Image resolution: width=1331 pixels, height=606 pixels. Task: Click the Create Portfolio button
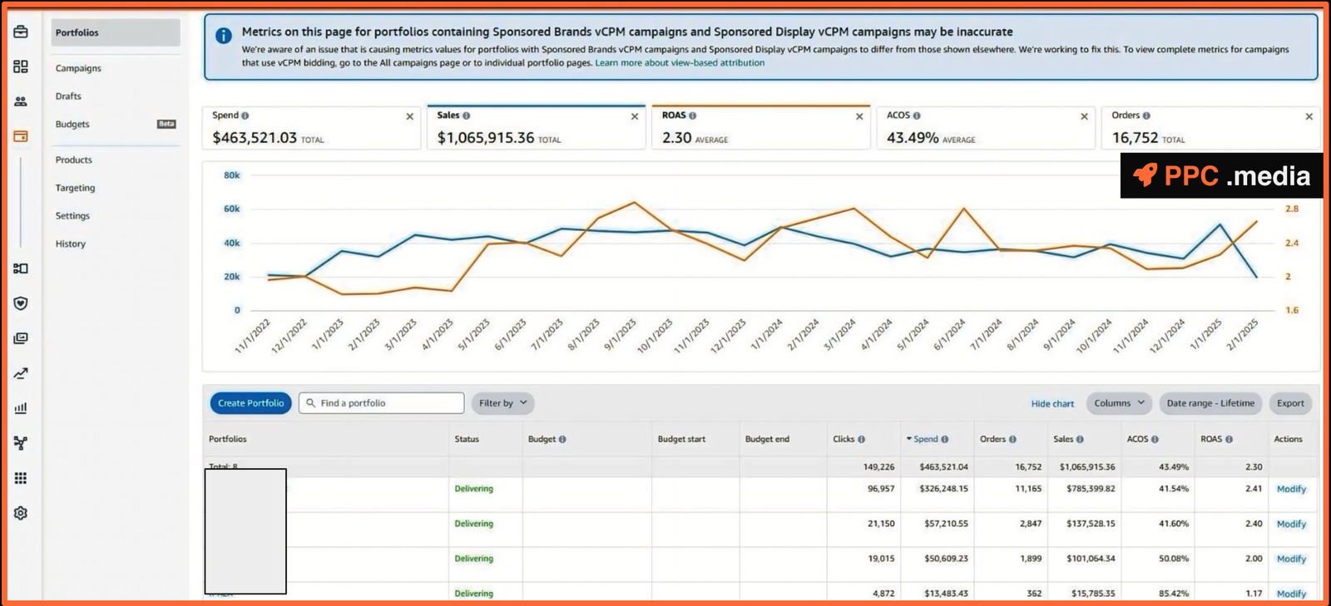(250, 403)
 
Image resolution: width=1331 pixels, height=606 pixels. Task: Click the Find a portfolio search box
(383, 403)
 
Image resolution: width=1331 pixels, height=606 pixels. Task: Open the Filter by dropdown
(502, 403)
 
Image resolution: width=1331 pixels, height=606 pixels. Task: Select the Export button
(1290, 403)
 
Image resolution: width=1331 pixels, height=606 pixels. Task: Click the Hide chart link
(1052, 404)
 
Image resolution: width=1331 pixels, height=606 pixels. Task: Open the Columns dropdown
(1119, 403)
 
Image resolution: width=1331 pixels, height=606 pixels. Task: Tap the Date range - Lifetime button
(1210, 403)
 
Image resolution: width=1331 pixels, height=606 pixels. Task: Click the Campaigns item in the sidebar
(78, 68)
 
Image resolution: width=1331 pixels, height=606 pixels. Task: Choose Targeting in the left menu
(75, 188)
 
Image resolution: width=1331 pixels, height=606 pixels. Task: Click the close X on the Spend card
(409, 117)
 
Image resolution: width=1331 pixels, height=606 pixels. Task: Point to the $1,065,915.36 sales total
(486, 138)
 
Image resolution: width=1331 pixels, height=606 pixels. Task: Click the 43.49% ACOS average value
(913, 138)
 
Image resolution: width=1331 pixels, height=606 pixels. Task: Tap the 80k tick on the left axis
(231, 175)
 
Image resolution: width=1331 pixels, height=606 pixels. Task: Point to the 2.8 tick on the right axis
(1291, 209)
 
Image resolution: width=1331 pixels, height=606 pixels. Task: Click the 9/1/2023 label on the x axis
(621, 334)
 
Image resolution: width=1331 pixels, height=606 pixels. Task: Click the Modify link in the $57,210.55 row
(1291, 525)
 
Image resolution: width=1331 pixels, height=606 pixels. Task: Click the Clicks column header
(844, 439)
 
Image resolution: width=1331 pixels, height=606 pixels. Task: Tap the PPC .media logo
(1221, 175)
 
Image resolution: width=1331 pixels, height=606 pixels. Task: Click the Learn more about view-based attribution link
(680, 63)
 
